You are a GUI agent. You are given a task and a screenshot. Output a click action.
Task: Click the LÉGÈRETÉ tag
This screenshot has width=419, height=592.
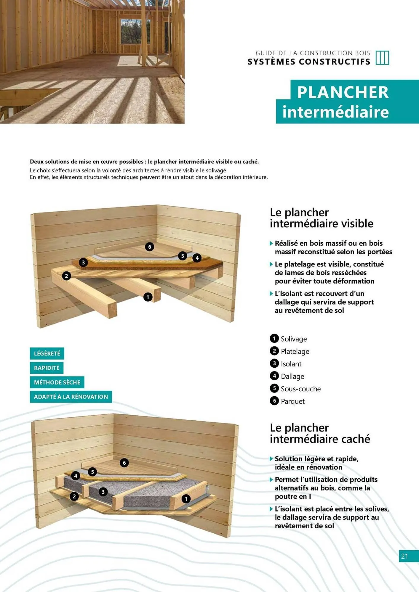[x=47, y=353]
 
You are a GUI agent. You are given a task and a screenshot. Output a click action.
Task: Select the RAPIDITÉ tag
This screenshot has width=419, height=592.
[x=47, y=368]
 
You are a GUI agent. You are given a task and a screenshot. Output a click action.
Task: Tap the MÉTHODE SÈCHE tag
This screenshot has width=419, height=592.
[x=57, y=382]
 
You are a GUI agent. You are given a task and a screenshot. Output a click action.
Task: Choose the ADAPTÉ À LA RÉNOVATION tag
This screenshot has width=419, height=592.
[x=71, y=397]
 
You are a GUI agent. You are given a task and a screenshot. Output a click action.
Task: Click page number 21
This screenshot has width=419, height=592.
[x=404, y=556]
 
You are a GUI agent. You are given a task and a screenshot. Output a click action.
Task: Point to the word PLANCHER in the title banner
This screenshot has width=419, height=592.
[x=343, y=92]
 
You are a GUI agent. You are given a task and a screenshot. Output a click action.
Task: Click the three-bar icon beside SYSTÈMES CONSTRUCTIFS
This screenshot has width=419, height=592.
[x=382, y=58]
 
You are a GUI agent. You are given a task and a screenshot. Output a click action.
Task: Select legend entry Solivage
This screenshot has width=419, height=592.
[x=293, y=339]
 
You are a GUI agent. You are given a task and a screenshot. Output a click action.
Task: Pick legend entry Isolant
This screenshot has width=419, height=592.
[x=291, y=364]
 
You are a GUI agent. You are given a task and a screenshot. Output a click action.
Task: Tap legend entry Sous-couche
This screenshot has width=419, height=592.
[x=300, y=389]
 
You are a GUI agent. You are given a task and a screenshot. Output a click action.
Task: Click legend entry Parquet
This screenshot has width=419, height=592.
[x=292, y=401]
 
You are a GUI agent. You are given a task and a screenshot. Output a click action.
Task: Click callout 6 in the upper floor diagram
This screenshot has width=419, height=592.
[x=150, y=247]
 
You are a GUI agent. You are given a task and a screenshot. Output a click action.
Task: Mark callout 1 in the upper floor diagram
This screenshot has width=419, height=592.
[x=148, y=297]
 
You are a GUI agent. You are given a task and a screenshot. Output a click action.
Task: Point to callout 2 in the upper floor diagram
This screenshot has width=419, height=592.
[x=66, y=276]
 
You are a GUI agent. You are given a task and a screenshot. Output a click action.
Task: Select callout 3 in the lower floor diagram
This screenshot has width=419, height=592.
[x=103, y=492]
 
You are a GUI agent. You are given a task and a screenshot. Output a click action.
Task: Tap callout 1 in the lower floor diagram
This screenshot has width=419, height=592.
[x=186, y=499]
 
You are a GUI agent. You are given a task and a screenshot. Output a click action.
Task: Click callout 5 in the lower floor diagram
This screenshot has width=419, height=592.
[x=92, y=472]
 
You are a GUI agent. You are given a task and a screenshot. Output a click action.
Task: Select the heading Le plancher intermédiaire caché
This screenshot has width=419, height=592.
[x=320, y=433]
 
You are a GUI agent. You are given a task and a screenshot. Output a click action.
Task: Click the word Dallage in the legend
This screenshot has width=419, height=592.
[x=292, y=376]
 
